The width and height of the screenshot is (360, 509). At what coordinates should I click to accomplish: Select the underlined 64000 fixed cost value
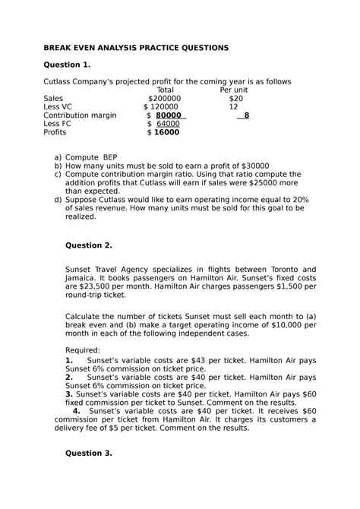pos(168,124)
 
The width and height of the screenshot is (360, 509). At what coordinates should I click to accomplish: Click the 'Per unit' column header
pos(234,90)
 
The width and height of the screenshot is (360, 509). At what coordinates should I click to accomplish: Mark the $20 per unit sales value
pos(236,99)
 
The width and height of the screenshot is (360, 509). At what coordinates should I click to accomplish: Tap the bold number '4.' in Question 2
pos(77,410)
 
